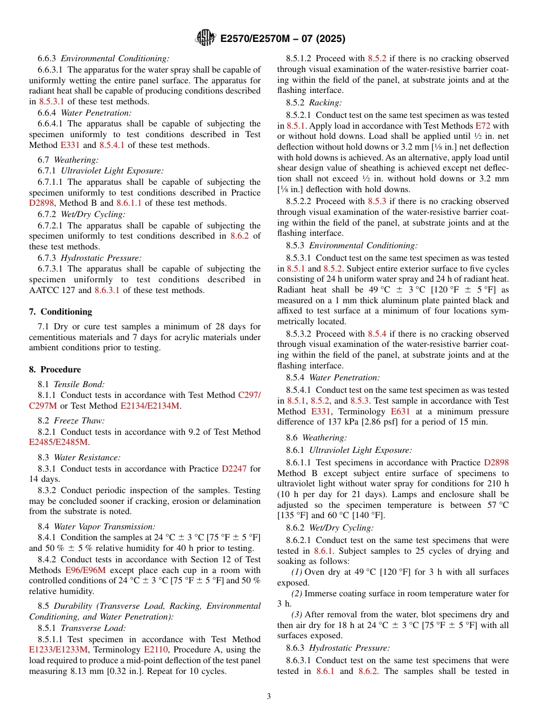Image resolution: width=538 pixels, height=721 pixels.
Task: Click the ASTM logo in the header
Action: click(x=205, y=38)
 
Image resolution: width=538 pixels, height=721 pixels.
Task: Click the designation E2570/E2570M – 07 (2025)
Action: click(x=282, y=39)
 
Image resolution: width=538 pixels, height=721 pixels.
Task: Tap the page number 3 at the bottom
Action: click(x=269, y=696)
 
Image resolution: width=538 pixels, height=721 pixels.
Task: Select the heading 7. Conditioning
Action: click(x=61, y=312)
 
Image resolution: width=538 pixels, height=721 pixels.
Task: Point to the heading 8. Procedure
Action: click(x=55, y=370)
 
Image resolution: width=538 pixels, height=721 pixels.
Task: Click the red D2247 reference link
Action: click(x=234, y=469)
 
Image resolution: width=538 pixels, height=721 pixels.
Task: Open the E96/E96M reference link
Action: click(x=86, y=570)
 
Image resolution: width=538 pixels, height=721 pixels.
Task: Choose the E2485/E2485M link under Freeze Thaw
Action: click(x=58, y=443)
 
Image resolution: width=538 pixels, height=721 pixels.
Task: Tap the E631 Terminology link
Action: click(x=402, y=411)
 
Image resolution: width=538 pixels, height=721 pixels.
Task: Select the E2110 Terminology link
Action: click(x=155, y=650)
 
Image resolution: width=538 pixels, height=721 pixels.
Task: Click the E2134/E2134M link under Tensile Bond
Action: click(x=150, y=406)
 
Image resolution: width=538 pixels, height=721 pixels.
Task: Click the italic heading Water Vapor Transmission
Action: click(x=104, y=527)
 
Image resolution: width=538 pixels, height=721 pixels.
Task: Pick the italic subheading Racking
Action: click(x=325, y=103)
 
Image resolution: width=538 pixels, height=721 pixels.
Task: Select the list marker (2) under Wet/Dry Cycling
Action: click(x=297, y=593)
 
